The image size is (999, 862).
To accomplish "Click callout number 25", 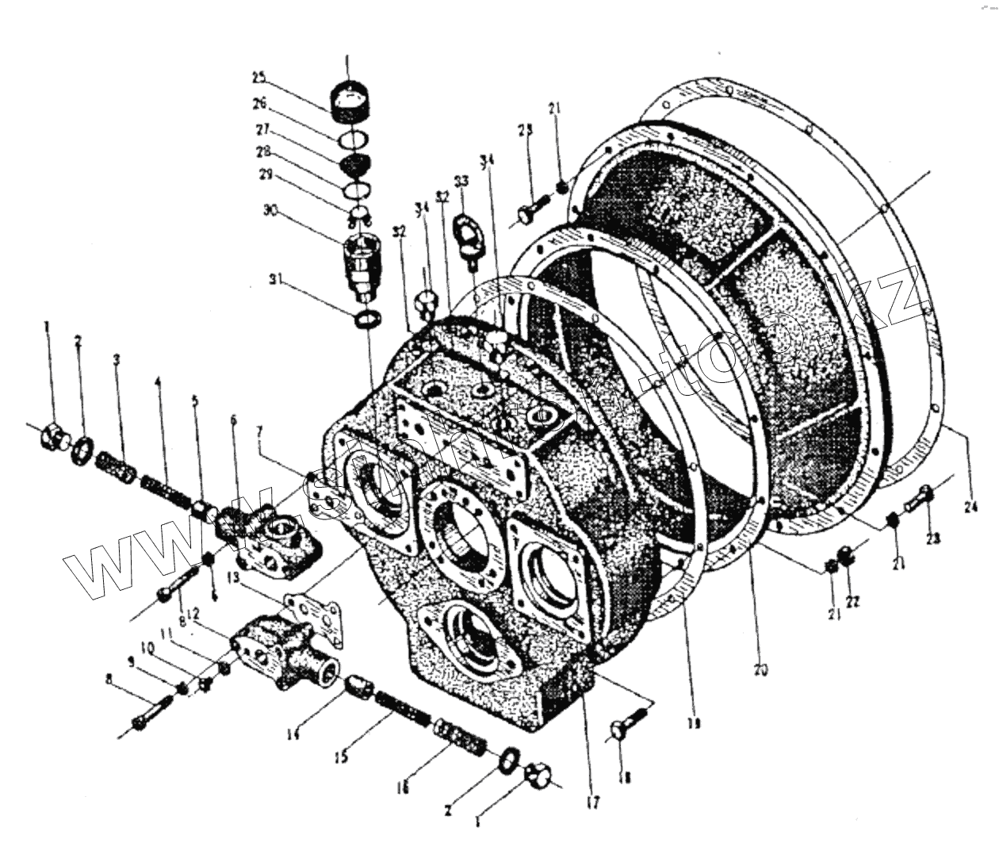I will pyautogui.click(x=258, y=78).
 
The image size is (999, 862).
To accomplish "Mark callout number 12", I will pyautogui.click(x=193, y=615).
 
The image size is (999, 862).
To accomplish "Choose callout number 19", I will pyautogui.click(x=697, y=723).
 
